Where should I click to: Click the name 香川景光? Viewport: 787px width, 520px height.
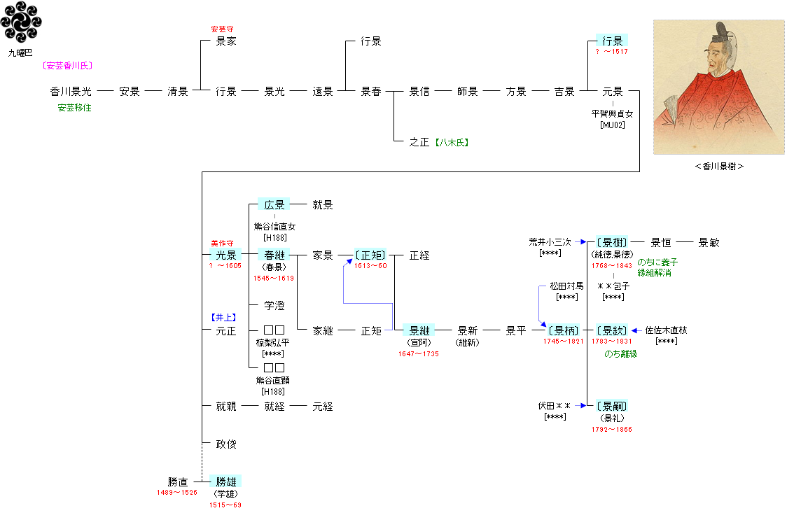[x=71, y=91]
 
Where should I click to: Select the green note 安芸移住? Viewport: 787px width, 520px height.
[x=74, y=108]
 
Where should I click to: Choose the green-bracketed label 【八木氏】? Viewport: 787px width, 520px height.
[x=451, y=142]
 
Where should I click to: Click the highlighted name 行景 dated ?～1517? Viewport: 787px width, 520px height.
[x=612, y=41]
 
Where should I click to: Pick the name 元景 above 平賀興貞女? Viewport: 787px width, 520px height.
[x=612, y=91]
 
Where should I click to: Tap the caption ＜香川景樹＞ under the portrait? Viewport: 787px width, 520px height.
[x=719, y=167]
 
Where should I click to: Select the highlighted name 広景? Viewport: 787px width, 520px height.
[x=274, y=205]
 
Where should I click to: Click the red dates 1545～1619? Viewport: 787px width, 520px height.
[x=274, y=279]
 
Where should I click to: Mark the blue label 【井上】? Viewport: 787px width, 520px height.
[x=225, y=317]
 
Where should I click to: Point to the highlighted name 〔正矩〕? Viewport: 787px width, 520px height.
[x=370, y=255]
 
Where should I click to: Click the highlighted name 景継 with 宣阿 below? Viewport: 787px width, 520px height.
[x=419, y=331]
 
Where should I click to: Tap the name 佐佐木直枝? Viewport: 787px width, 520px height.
[x=666, y=330]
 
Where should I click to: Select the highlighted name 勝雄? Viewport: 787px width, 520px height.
[x=225, y=482]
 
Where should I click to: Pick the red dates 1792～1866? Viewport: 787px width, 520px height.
[x=611, y=430]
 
